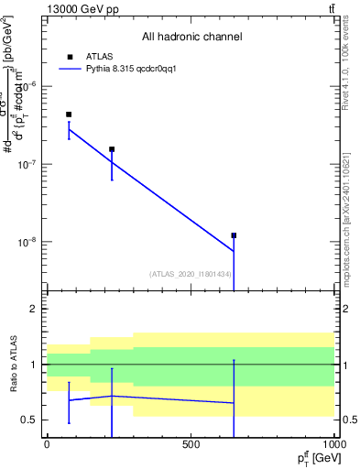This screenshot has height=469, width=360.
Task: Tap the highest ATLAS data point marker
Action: (x=69, y=115)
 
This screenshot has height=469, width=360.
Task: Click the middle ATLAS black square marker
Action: (x=112, y=149)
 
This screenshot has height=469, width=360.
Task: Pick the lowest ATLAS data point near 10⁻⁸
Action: (x=234, y=235)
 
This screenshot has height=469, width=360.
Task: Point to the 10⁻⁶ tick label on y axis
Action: (x=25, y=86)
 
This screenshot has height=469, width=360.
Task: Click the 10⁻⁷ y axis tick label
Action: (x=25, y=165)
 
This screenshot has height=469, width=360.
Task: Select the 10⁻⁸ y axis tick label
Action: (x=25, y=243)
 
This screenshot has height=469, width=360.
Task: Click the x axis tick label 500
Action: (x=191, y=443)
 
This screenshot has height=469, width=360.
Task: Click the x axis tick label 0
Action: (x=47, y=443)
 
